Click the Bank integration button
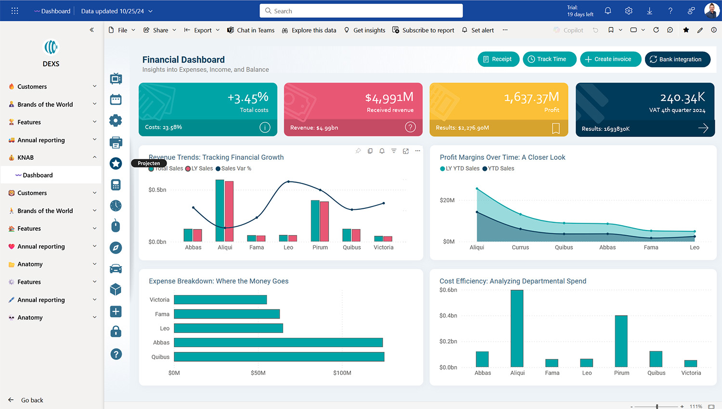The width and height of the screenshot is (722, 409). click(x=677, y=59)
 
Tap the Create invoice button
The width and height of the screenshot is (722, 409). click(x=610, y=59)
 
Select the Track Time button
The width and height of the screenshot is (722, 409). click(x=549, y=59)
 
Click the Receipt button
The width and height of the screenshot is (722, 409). click(x=498, y=59)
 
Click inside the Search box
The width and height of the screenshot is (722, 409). click(x=361, y=11)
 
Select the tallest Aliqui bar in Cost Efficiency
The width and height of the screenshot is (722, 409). click(x=517, y=328)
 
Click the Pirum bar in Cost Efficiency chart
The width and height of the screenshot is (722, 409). click(x=621, y=341)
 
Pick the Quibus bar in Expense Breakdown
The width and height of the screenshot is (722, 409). click(x=279, y=357)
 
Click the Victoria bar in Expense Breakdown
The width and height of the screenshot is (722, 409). click(x=220, y=300)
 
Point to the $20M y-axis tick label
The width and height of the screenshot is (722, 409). click(x=447, y=200)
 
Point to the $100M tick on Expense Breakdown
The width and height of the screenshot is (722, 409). click(x=342, y=373)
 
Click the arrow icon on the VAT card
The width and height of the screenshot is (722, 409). click(x=703, y=128)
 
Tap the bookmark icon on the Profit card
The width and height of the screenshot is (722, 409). click(x=555, y=128)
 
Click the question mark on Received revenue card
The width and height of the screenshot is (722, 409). click(x=410, y=127)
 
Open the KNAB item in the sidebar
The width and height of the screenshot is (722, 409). click(x=26, y=157)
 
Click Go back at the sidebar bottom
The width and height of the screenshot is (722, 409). click(x=32, y=400)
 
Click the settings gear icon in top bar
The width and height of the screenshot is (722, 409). click(x=629, y=11)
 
